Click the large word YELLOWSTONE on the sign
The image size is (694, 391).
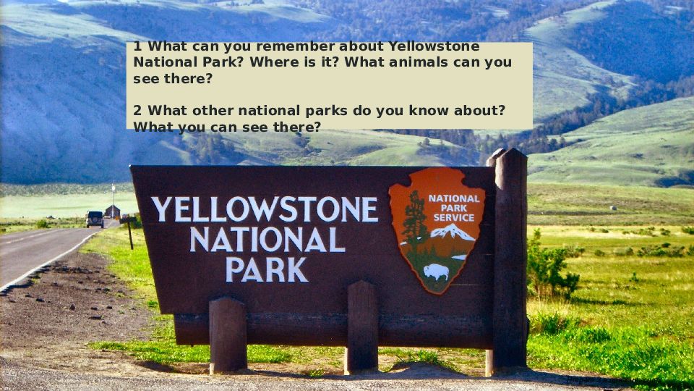click(x=265, y=209)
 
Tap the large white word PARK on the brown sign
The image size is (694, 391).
click(x=267, y=269)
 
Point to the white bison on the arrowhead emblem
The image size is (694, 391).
click(x=436, y=272)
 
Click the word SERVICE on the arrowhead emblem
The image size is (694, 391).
click(x=454, y=218)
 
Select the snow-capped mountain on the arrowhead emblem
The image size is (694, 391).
click(x=451, y=232)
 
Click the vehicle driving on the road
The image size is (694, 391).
click(x=95, y=219)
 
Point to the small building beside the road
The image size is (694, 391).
click(x=113, y=211)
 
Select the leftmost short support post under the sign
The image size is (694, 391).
click(x=228, y=335)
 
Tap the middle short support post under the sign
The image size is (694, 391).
click(x=362, y=327)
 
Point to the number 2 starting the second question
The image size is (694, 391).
click(x=137, y=110)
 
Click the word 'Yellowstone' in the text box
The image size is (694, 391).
click(x=434, y=46)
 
